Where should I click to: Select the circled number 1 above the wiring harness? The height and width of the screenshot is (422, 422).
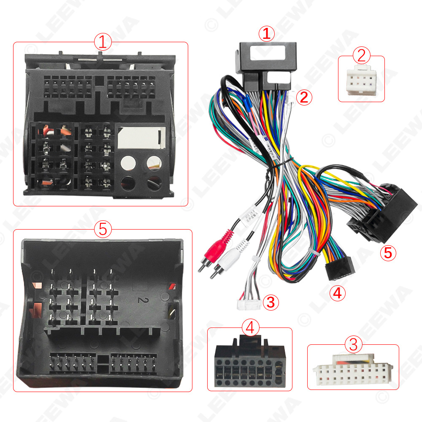point(266,34)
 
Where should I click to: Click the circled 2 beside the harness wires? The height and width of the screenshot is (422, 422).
point(304,97)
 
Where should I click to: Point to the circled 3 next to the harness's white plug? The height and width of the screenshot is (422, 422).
point(271,302)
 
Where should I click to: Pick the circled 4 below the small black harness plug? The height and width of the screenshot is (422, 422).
point(337,292)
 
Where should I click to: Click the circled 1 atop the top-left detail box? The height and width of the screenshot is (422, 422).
point(103,42)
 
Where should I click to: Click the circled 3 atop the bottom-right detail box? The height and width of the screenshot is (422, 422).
point(353,345)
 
